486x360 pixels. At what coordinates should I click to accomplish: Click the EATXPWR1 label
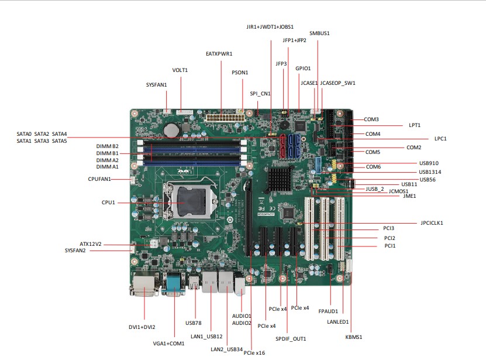(219, 54)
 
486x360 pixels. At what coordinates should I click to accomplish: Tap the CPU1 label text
(108, 203)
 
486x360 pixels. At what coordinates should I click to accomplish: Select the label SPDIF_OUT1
(291, 339)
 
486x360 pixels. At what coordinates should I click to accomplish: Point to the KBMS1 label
(354, 337)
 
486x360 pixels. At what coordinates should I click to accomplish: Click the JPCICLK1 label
(432, 223)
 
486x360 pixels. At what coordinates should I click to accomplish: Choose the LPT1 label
(415, 125)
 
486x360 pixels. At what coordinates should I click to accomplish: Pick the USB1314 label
(430, 172)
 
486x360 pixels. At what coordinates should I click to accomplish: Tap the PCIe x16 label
(254, 353)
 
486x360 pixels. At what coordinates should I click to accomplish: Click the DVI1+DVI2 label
(142, 327)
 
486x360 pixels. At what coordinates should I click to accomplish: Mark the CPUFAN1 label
(99, 179)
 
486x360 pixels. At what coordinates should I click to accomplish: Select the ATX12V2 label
(91, 244)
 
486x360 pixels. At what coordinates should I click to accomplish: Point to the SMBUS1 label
(319, 33)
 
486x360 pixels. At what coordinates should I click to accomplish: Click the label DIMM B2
(108, 146)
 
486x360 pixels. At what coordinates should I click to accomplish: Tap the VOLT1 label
(180, 70)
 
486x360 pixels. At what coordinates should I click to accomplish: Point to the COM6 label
(373, 167)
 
